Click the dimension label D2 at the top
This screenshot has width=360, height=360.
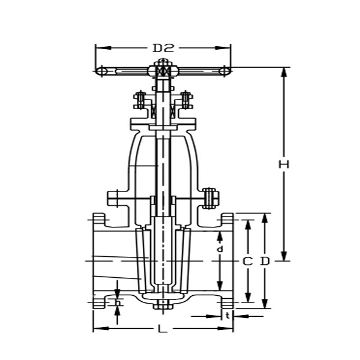[x=163, y=47]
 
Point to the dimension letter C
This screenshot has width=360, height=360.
[x=247, y=262]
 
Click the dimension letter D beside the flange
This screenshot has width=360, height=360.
[x=265, y=262]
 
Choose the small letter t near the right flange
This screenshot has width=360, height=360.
[x=227, y=314]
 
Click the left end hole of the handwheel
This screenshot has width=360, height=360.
[x=103, y=71]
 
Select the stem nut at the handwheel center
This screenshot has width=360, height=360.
[x=163, y=71]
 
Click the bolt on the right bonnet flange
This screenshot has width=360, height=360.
[x=210, y=197]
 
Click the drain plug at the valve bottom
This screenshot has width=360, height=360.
[x=163, y=307]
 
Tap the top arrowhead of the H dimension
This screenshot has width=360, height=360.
[x=284, y=70]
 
